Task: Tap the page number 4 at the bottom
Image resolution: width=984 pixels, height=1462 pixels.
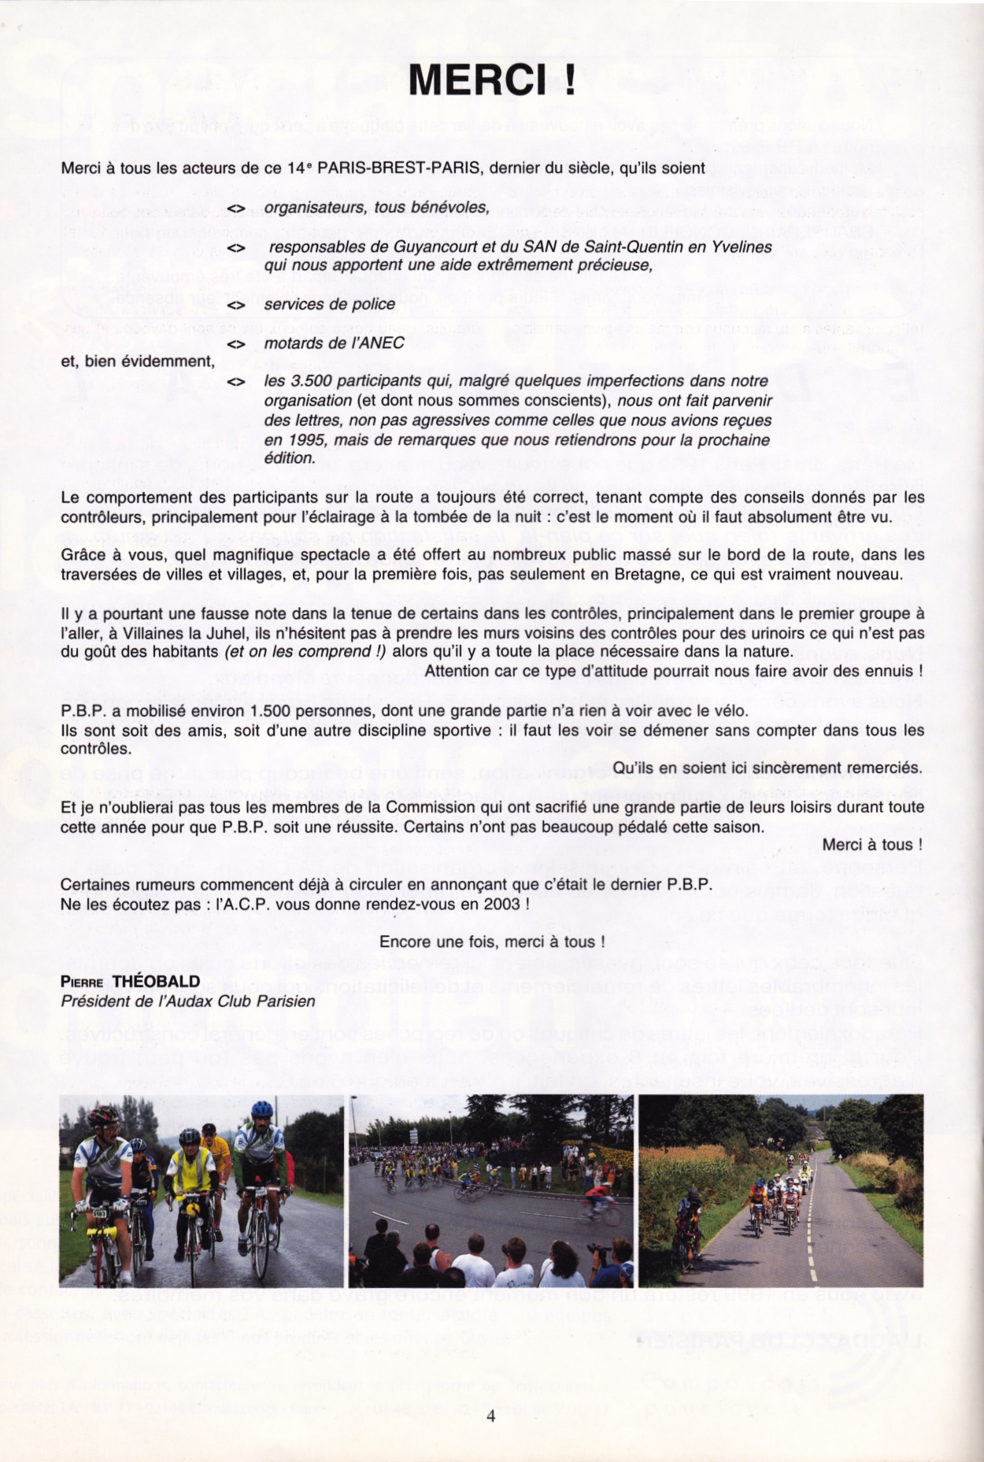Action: click(x=491, y=1416)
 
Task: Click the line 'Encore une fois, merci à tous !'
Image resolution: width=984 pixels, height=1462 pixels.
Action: click(x=492, y=942)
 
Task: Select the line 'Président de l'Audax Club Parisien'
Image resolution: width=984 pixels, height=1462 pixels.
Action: click(x=188, y=1001)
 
